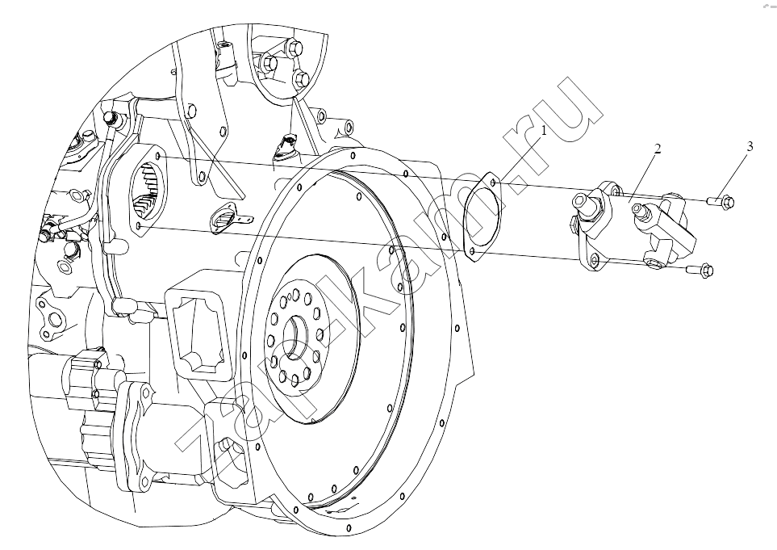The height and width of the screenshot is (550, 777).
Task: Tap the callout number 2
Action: click(x=657, y=149)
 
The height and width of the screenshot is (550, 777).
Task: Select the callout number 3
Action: click(x=750, y=146)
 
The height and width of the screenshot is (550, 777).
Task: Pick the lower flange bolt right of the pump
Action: click(x=700, y=270)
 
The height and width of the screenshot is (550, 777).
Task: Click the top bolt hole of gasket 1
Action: click(x=492, y=183)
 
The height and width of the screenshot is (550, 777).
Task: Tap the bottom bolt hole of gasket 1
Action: click(x=472, y=253)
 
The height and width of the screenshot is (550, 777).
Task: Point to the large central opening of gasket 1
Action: click(x=482, y=217)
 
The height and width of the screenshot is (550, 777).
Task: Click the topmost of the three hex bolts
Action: click(x=294, y=48)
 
